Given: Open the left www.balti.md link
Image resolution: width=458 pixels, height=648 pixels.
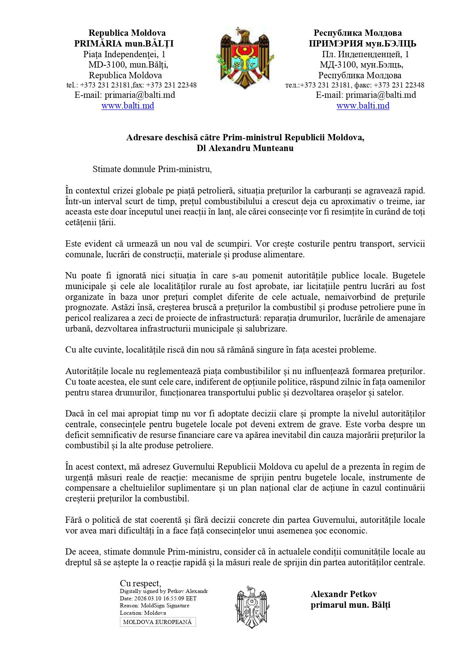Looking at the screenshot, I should pyautogui.click(x=128, y=106).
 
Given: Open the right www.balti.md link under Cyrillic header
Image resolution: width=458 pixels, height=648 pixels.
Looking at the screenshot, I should pyautogui.click(x=363, y=106).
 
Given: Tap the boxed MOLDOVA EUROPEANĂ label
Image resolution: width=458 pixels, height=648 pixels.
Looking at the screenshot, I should pyautogui.click(x=158, y=622).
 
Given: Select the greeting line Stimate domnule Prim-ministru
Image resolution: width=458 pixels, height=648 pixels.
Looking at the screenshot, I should pyautogui.click(x=152, y=169).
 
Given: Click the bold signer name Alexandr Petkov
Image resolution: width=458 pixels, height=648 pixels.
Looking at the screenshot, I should pyautogui.click(x=344, y=594).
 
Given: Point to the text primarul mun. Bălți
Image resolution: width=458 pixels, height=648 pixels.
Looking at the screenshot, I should pyautogui.click(x=350, y=605).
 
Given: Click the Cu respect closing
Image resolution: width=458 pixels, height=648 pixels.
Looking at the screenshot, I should pyautogui.click(x=140, y=583).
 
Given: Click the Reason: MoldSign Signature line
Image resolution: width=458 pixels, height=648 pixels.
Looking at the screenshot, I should pyautogui.click(x=154, y=606).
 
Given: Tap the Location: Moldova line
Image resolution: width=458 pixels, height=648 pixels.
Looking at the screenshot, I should pyautogui.click(x=143, y=613).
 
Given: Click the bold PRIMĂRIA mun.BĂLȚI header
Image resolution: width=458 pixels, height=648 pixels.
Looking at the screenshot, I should pyautogui.click(x=124, y=44).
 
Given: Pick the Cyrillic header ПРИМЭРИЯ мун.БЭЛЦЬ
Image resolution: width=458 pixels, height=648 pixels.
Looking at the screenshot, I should pyautogui.click(x=362, y=44).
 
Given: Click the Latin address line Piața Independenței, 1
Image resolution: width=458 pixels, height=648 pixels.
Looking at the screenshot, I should pyautogui.click(x=124, y=54).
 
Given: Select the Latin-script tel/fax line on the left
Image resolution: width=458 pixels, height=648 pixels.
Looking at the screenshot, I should pyautogui.click(x=131, y=85).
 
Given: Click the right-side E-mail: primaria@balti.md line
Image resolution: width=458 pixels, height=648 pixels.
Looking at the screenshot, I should pyautogui.click(x=366, y=95).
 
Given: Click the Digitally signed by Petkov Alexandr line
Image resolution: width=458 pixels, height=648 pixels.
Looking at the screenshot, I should pyautogui.click(x=164, y=591).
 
